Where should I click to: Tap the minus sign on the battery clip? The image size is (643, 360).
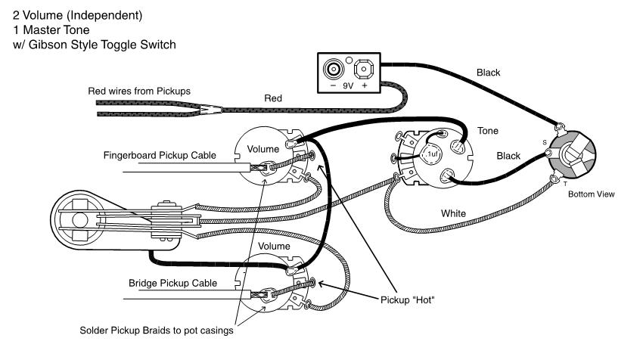(x=333, y=86)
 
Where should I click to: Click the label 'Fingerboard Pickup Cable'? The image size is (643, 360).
(x=160, y=156)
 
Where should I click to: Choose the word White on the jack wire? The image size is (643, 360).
(x=454, y=213)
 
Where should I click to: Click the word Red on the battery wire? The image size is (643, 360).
(x=274, y=98)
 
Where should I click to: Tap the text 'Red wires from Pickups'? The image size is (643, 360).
(x=139, y=91)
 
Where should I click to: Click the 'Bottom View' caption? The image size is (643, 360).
(x=592, y=194)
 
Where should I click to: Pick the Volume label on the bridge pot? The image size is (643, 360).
(x=275, y=247)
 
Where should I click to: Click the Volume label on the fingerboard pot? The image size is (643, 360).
(x=264, y=148)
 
